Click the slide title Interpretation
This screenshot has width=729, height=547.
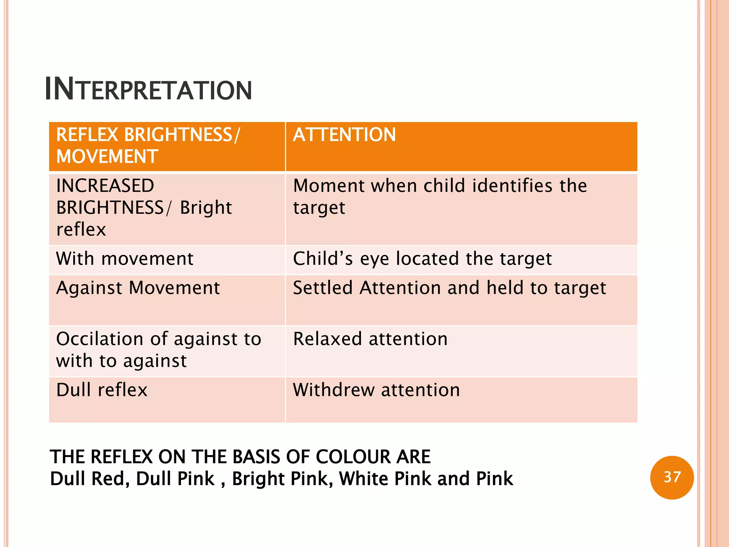point(148,89)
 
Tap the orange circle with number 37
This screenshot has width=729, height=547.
point(672,477)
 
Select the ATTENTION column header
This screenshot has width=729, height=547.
point(344,135)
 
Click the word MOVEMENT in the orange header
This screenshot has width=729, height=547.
point(107,157)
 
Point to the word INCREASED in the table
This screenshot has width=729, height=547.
point(105,186)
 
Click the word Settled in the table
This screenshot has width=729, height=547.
point(322,288)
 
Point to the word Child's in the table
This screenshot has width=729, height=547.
point(322,259)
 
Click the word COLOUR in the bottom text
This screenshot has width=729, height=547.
point(353,457)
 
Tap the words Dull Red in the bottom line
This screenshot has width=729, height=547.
point(90,479)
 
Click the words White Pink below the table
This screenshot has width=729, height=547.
point(386,479)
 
